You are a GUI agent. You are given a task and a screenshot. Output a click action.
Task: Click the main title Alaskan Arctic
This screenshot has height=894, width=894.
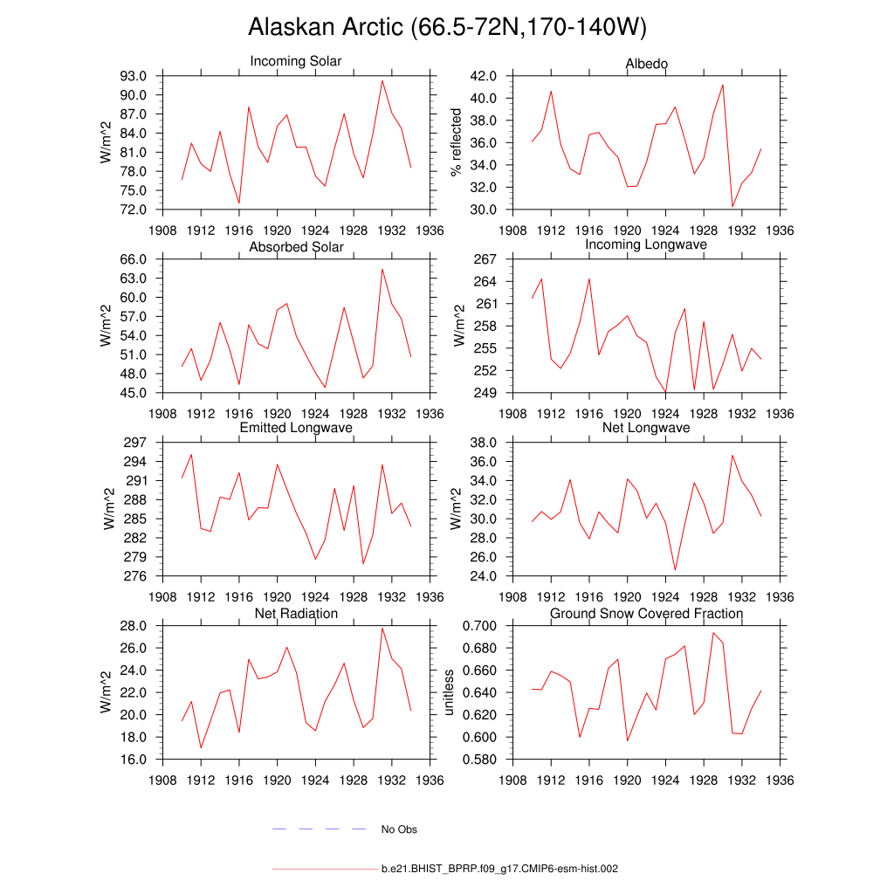[447, 28]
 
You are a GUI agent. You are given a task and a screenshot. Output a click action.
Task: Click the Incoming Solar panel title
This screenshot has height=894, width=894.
[296, 62]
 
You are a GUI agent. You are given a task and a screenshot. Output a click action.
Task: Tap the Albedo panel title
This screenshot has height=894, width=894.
[647, 65]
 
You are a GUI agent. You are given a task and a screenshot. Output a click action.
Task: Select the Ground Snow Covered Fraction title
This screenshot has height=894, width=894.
[647, 614]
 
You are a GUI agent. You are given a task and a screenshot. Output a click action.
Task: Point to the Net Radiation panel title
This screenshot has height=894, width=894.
[296, 614]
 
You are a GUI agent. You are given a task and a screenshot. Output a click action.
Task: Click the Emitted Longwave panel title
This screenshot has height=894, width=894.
[296, 428]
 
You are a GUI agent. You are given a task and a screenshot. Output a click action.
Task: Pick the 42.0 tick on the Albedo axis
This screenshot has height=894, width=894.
[485, 76]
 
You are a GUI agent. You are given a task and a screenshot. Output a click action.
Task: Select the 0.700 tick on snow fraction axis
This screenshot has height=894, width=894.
[481, 626]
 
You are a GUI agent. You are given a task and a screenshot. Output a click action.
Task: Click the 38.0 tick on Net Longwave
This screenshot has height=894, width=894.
[485, 443]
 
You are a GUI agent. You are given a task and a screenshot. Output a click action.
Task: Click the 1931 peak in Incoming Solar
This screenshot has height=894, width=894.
[382, 80]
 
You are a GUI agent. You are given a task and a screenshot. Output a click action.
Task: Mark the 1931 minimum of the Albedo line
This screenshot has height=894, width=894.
[732, 207]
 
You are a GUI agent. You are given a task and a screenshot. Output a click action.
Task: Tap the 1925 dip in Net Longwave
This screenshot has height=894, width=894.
[675, 570]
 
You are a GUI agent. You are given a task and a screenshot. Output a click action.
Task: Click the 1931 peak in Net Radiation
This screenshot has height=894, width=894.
[382, 628]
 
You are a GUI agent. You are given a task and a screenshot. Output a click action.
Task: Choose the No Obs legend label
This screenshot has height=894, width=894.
[399, 829]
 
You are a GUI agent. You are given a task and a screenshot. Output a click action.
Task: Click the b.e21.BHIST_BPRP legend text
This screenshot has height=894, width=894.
[500, 870]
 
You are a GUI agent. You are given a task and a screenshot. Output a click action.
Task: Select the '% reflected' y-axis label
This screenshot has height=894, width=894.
[455, 143]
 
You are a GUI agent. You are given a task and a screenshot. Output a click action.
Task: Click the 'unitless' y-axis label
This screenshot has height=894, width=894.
[450, 692]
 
